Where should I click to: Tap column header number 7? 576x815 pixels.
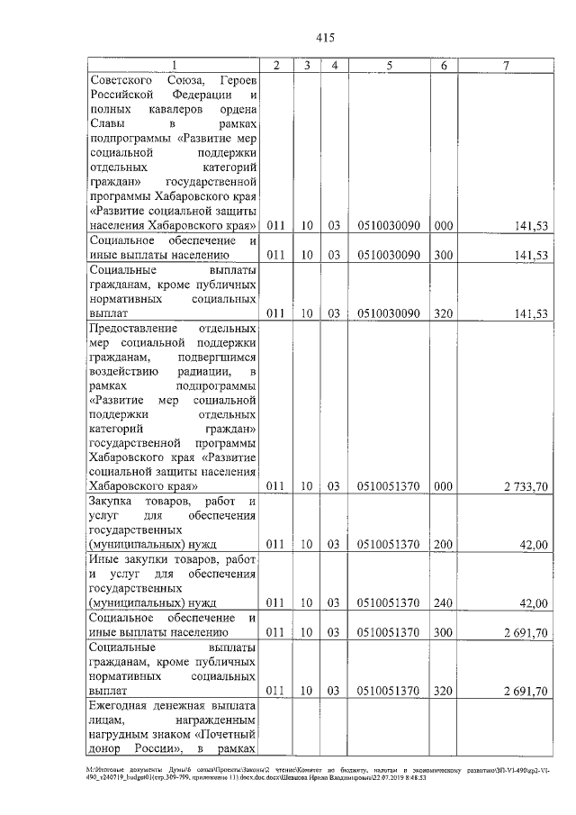pos(509,66)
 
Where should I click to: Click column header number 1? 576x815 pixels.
pos(175,66)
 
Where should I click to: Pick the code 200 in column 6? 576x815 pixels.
pos(444,543)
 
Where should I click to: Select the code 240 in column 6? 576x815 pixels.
pos(444,601)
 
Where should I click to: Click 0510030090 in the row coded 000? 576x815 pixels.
pos(388,224)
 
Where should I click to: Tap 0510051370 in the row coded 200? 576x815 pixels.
pos(388,543)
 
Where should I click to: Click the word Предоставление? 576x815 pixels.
pos(135,328)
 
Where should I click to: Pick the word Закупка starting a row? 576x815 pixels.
pos(115,501)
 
